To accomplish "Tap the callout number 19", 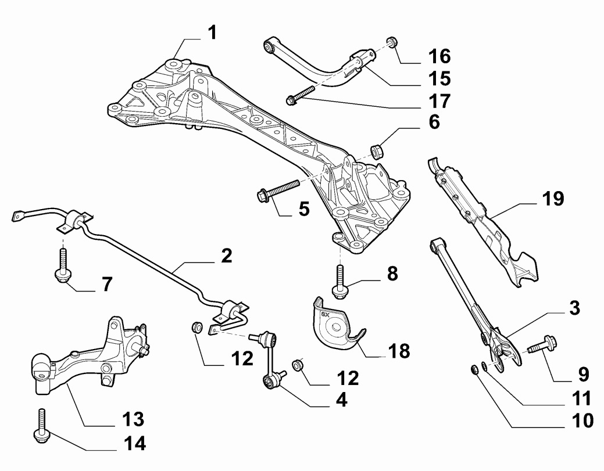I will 553,199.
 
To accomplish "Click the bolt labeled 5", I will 278,190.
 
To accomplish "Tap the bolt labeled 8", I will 338,281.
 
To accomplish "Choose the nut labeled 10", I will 474,369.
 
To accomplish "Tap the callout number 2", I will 225,256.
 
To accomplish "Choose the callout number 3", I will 574,308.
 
